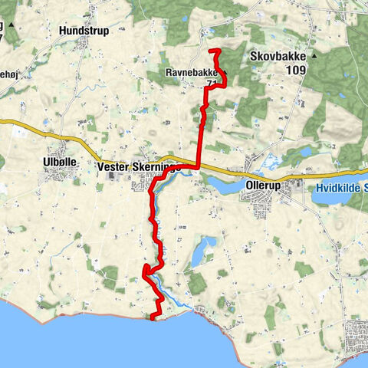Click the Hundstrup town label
[83, 31]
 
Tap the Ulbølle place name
[58, 163]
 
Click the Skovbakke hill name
[278, 57]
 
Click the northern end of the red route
[211, 51]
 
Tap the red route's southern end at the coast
[152, 317]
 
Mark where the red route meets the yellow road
[198, 166]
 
